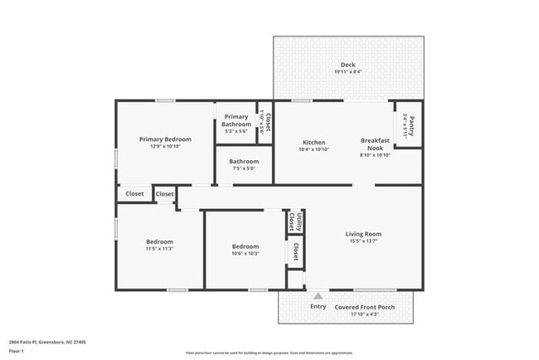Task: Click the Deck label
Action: coord(347,65)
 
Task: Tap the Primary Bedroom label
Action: coord(165,139)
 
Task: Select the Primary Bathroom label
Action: coord(236,121)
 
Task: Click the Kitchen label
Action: coord(313,143)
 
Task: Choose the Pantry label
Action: coord(411,129)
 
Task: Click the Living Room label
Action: coord(363,234)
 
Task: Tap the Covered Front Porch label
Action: coord(364,307)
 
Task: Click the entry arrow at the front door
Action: coord(318,295)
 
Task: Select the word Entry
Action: coord(318,307)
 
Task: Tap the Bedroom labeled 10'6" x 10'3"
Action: coord(245,246)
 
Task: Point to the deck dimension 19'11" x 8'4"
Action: coord(347,72)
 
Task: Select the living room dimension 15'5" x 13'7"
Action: coord(363,241)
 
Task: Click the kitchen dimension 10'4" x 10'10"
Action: coord(313,149)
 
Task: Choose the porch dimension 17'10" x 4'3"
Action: coord(364,314)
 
